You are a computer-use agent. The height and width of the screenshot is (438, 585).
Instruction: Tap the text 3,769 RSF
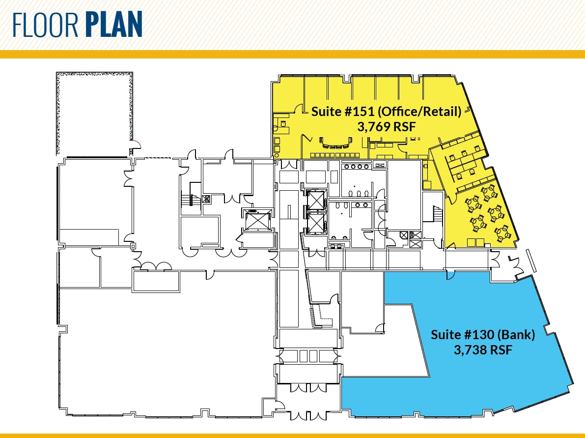[x=387, y=127]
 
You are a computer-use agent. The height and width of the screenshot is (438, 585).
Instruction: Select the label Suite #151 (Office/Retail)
[x=386, y=112]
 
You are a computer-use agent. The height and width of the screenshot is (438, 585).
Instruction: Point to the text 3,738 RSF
[x=483, y=350]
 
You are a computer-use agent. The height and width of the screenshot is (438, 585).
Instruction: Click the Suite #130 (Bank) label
[x=483, y=335]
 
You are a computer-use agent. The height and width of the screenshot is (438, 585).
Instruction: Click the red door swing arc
[x=137, y=145]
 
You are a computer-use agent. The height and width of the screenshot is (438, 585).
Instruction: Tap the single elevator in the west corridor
[x=257, y=219]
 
